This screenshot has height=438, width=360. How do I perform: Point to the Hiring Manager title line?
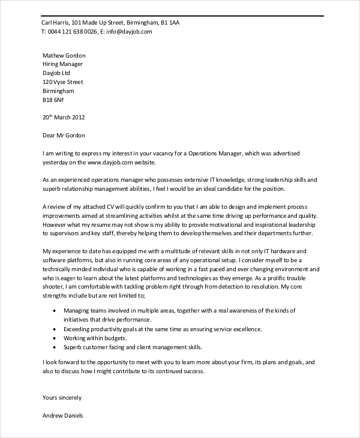coord(63,64)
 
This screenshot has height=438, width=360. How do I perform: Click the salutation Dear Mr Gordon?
coord(64,136)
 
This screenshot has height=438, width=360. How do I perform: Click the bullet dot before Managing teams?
coord(55,310)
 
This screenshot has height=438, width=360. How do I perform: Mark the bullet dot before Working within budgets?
coord(55,338)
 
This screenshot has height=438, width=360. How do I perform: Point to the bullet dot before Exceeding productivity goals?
coord(55,329)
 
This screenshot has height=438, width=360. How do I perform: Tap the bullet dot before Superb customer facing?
coord(55,347)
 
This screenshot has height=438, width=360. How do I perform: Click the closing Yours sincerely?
coord(62,397)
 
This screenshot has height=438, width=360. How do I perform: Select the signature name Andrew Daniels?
coord(63,415)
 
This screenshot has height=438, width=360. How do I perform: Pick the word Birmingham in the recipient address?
coord(59,91)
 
